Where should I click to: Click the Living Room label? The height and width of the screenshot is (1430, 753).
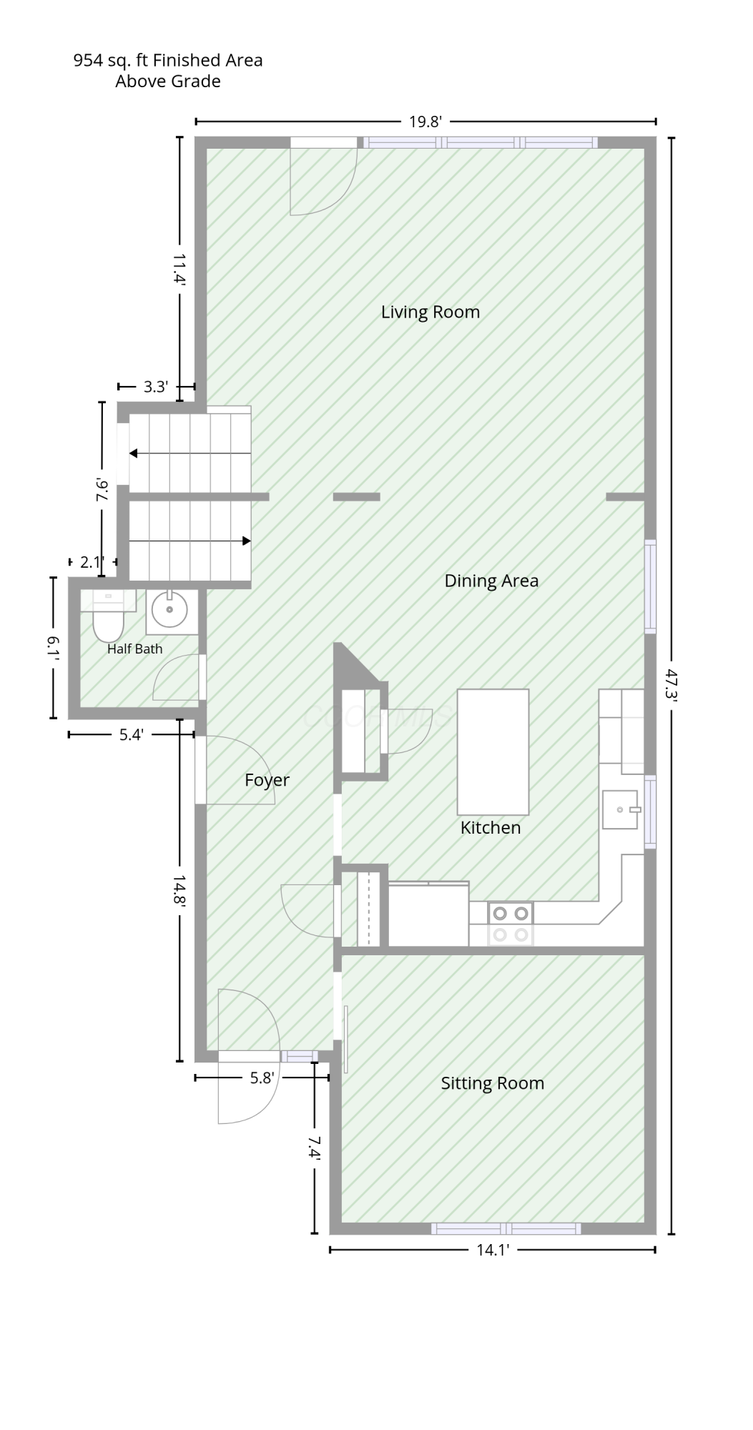pos(430,312)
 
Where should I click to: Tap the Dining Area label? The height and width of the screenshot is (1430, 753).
pos(491,581)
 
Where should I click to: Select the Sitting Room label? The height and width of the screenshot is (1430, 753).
pos(492,1083)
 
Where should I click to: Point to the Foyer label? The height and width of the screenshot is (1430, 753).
pos(267,780)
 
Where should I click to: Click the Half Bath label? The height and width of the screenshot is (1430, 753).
pos(134,649)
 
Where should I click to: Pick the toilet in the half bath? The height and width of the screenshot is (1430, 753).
pos(108,616)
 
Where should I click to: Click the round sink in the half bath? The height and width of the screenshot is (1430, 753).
pos(170,610)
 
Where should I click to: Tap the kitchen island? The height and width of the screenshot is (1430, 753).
pos(493,752)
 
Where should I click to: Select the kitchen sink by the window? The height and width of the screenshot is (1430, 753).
pos(620,809)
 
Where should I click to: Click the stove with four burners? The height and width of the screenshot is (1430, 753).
pos(511,924)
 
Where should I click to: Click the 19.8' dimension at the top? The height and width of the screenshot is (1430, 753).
pos(425,122)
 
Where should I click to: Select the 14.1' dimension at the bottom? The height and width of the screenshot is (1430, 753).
pos(493,1250)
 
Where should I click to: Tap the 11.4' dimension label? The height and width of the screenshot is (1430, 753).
pos(179,270)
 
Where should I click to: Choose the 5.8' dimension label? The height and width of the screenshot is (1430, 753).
pos(262,1078)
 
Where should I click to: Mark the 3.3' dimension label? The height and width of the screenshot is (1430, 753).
pos(156,387)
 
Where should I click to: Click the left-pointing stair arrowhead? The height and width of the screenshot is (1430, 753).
pos(134,453)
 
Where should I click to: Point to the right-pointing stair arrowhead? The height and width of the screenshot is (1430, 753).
pos(247,541)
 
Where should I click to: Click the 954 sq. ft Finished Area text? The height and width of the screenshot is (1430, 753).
pos(168,61)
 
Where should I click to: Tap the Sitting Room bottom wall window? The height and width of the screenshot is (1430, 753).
pos(506,1228)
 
